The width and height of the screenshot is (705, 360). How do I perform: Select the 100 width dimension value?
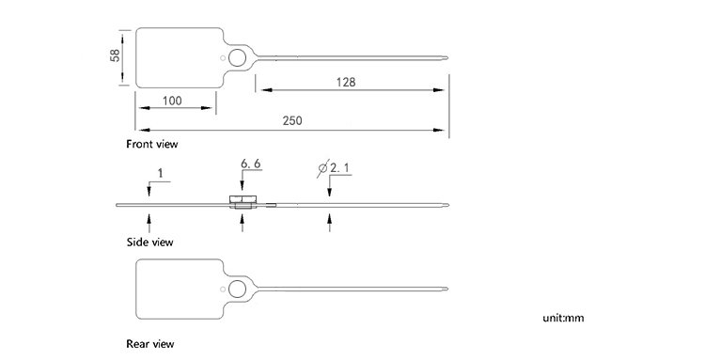point(172,101)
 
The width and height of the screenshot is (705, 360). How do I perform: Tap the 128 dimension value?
point(346,83)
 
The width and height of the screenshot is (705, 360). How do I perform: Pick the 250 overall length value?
point(293,121)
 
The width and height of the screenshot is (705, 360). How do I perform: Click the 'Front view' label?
point(152,144)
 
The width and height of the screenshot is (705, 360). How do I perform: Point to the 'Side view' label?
point(149,242)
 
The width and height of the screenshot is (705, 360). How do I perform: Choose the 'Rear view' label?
point(150,344)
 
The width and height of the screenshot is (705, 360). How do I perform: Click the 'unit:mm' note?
point(563,318)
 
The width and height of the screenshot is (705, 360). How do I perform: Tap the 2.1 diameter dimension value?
point(339,168)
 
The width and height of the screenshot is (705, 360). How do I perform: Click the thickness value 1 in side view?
point(161,172)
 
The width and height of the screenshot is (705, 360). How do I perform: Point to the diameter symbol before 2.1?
point(323,168)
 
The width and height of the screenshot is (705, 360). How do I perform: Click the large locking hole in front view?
point(238,59)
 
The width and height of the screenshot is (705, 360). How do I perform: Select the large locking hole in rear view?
point(238,289)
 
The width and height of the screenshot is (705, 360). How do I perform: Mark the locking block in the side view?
point(243,200)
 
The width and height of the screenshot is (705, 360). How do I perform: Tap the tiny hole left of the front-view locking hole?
point(223,59)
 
